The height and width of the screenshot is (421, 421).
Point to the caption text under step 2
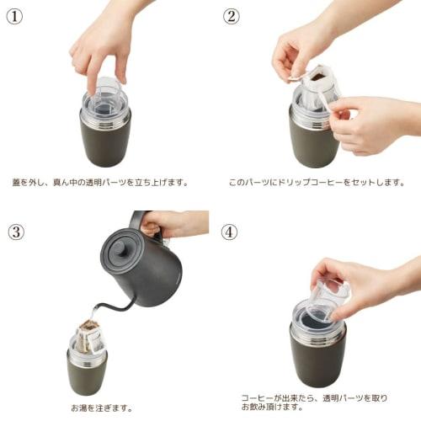pyautogui.click(x=316, y=182)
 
